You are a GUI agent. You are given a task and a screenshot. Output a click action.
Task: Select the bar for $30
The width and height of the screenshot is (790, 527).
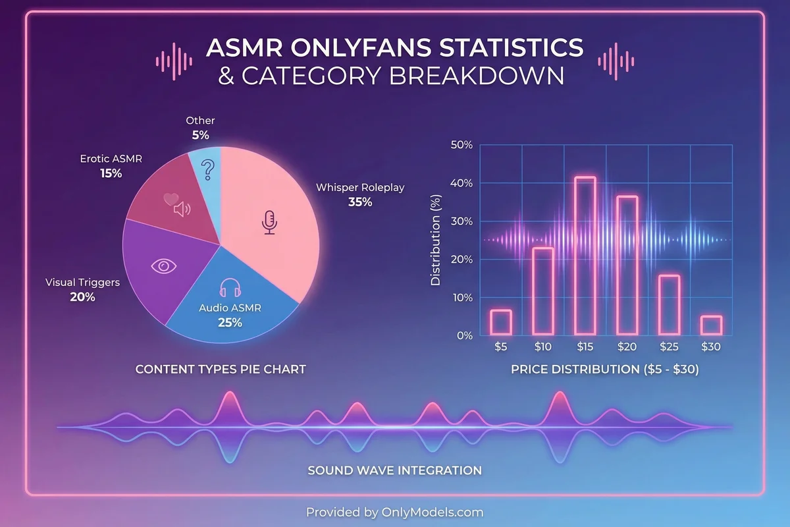(711, 325)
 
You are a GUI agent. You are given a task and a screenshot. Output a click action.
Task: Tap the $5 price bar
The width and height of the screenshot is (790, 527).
(501, 322)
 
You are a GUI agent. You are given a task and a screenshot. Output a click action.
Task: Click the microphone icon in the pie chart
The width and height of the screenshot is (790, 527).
(269, 223)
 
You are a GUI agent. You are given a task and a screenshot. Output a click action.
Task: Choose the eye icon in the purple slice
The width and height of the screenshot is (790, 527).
(164, 265)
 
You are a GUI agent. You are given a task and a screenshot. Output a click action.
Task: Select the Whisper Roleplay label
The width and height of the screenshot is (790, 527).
(360, 188)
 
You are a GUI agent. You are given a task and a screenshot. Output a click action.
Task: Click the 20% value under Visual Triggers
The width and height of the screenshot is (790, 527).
(82, 297)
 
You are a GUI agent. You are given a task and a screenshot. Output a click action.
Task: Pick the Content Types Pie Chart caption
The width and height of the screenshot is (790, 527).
(221, 370)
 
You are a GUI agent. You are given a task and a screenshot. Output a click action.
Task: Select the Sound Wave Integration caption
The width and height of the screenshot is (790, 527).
(394, 470)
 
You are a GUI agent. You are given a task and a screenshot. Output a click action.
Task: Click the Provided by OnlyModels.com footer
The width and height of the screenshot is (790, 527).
(394, 512)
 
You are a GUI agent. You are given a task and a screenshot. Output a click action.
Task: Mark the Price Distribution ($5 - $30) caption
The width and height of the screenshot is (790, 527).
(604, 370)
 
